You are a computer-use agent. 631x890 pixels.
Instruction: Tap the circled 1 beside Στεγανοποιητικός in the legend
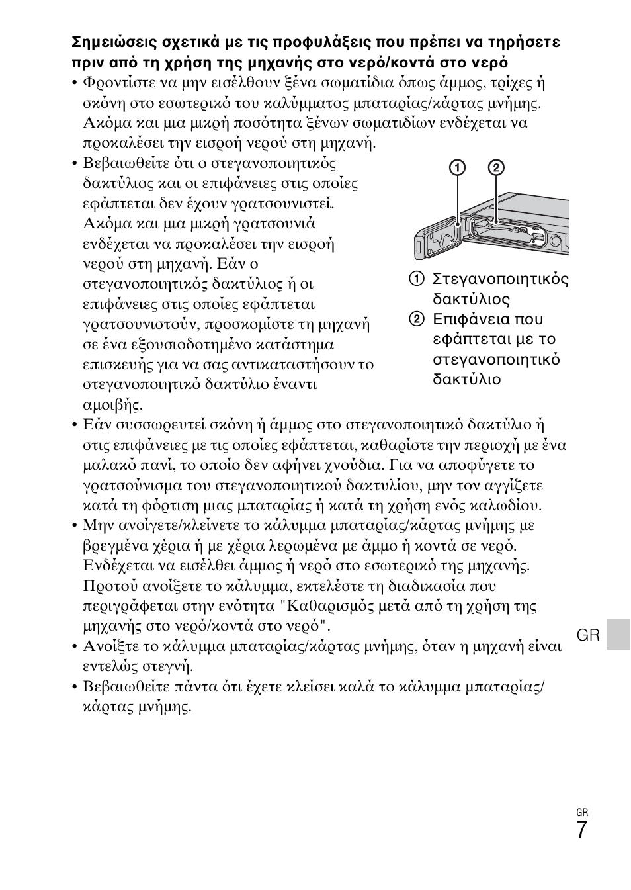tap(416, 279)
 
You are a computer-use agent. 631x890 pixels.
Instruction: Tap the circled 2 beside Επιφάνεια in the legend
tap(416, 320)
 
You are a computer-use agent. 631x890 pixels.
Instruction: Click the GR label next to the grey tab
tap(588, 636)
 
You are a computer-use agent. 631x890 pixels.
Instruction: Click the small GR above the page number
tap(582, 812)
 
